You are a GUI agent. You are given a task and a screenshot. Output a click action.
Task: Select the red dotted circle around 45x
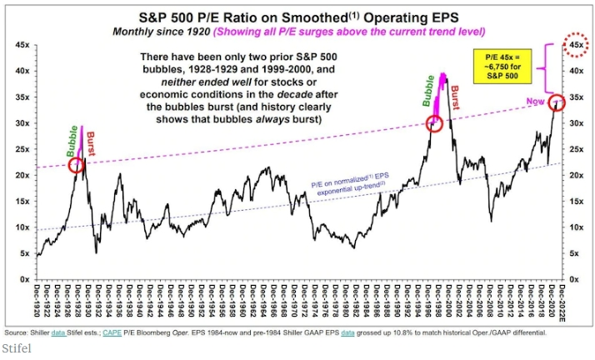[x=574, y=45]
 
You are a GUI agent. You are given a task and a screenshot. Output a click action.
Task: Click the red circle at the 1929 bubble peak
[x=77, y=164]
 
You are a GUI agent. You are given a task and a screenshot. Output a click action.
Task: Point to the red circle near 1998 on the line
[x=433, y=124]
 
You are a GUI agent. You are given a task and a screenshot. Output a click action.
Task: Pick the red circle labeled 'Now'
[x=557, y=102]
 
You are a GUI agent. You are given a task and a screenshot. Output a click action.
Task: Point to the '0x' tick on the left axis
[x=26, y=279]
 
